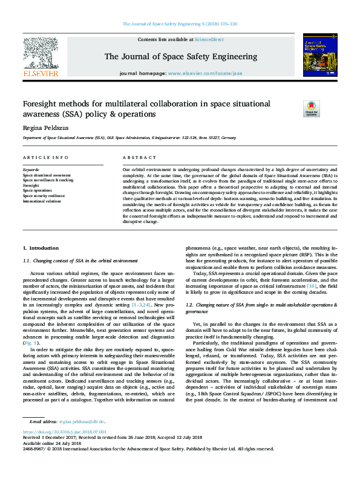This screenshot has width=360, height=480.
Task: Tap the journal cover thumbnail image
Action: pos(320,55)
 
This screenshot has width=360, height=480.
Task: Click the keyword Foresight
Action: pos(31,185)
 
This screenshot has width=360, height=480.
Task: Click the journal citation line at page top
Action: pos(180,24)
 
